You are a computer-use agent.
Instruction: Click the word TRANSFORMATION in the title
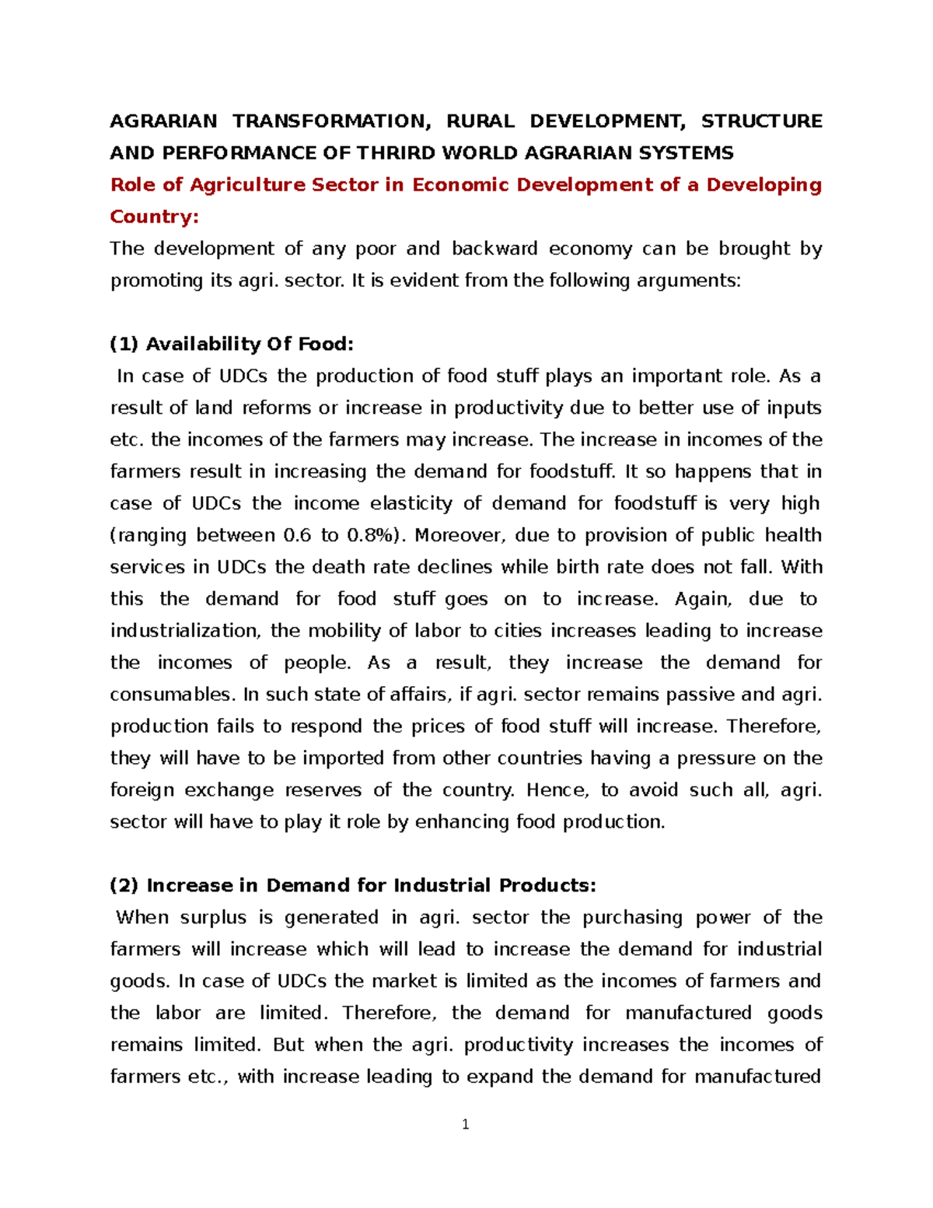(x=330, y=121)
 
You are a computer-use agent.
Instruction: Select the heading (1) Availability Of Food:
(x=232, y=344)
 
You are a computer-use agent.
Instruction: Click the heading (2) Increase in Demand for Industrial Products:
(x=353, y=885)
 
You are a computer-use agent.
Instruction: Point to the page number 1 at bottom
(x=465, y=1124)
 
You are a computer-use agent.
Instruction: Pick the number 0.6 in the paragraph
(x=297, y=535)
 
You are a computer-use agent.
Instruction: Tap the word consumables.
(x=172, y=695)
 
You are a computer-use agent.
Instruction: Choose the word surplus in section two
(x=213, y=918)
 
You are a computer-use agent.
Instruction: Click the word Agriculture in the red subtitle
(x=246, y=185)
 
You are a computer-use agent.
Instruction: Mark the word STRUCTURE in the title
(x=761, y=121)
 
